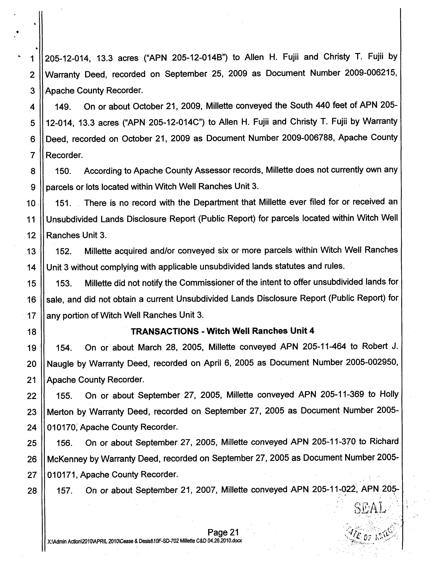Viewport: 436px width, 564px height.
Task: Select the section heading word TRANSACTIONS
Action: [165, 331]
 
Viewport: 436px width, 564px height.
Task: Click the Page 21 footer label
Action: [223, 532]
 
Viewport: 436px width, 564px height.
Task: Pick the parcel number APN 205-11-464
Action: [313, 347]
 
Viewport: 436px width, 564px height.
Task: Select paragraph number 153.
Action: [64, 284]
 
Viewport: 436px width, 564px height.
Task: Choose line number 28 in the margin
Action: [32, 490]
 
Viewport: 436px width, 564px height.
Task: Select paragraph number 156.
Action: [64, 443]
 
